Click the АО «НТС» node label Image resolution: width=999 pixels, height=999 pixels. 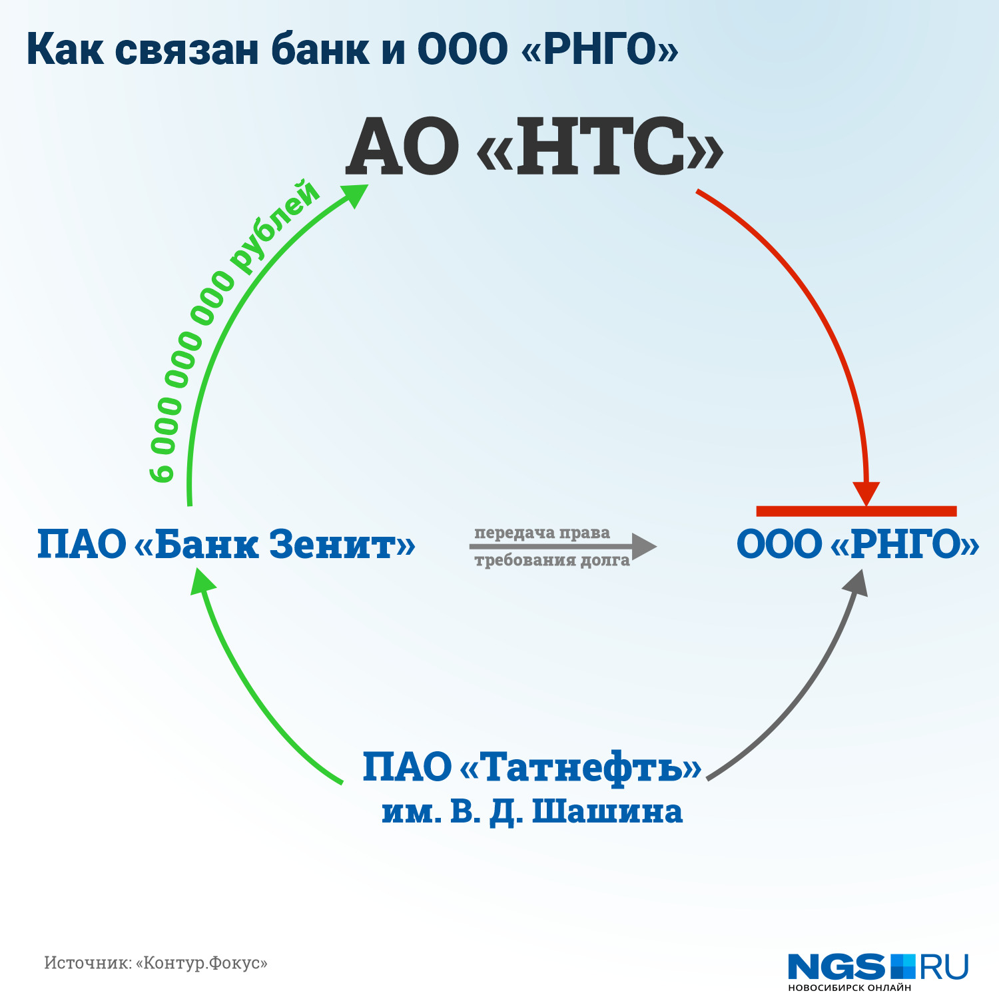[x=534, y=147]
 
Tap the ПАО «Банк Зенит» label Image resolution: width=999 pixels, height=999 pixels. [x=226, y=544]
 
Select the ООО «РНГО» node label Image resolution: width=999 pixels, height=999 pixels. [x=858, y=544]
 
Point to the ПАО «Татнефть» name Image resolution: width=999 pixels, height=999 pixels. [x=531, y=767]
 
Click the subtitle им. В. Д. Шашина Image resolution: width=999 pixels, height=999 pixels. [x=532, y=812]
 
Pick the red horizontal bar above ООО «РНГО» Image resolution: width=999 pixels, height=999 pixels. [x=856, y=511]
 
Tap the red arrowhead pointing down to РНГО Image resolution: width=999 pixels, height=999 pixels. [x=866, y=494]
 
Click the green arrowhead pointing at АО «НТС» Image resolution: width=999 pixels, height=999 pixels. [x=354, y=194]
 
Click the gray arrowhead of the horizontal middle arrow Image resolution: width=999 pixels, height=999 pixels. [x=643, y=546]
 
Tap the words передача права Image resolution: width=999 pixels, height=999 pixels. [x=542, y=533]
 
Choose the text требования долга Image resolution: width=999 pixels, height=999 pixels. [x=552, y=560]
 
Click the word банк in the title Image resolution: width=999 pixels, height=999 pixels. [x=320, y=50]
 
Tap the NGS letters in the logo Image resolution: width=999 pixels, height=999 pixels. [x=836, y=966]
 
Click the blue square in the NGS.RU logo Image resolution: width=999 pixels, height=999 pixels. [x=904, y=966]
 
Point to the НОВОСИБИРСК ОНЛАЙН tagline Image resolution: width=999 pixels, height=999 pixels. [x=849, y=988]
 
